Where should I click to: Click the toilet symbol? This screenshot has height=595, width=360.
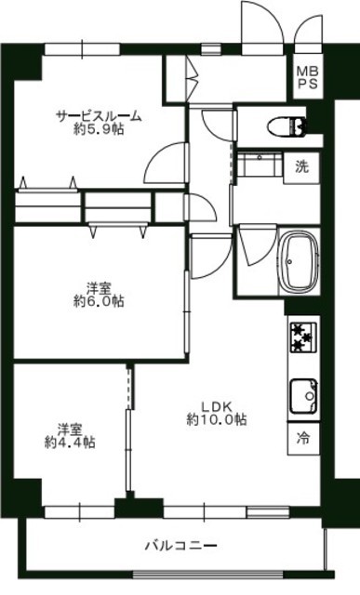pos(287,126)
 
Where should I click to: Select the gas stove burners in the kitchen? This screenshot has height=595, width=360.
pos(303,337)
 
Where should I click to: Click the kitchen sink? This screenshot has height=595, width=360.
pos(304,397)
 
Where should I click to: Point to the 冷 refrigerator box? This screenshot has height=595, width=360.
pos(303,439)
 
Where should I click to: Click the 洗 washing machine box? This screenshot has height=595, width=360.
pos(302,167)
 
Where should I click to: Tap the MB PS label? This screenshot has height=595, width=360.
pos(307,77)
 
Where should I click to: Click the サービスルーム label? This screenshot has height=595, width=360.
pos(99,116)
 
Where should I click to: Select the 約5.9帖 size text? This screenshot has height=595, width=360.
pos(99,130)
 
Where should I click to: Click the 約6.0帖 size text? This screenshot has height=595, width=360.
pos(99,301)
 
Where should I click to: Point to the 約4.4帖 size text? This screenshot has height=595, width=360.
pos(70,443)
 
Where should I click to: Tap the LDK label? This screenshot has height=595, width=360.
pos(216,407)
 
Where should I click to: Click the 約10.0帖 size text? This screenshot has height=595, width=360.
pos(216,419)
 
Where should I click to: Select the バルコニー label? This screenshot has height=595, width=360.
pos(181,546)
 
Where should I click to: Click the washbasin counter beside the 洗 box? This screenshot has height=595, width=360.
pos(260,164)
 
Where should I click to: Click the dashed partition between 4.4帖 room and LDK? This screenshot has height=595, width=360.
pos(129,387)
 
